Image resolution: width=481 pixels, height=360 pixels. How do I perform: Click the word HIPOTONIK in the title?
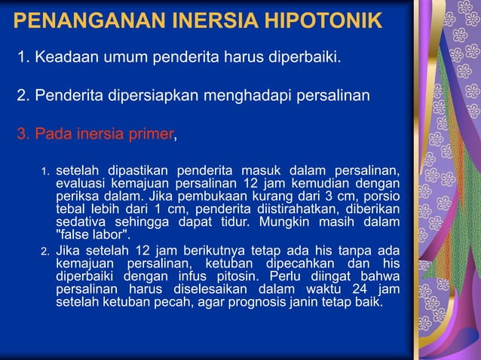(322, 20)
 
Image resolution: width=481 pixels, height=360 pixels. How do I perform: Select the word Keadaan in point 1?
(62, 56)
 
